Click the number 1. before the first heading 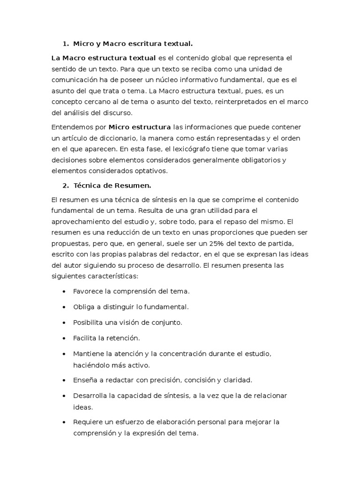[x=65, y=44]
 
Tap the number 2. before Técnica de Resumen [x=65, y=185]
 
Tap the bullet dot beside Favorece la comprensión [x=64, y=292]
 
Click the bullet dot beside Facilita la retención [x=64, y=338]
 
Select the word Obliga [x=83, y=307]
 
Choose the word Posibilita [x=89, y=322]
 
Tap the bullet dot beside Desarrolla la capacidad [x=64, y=396]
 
